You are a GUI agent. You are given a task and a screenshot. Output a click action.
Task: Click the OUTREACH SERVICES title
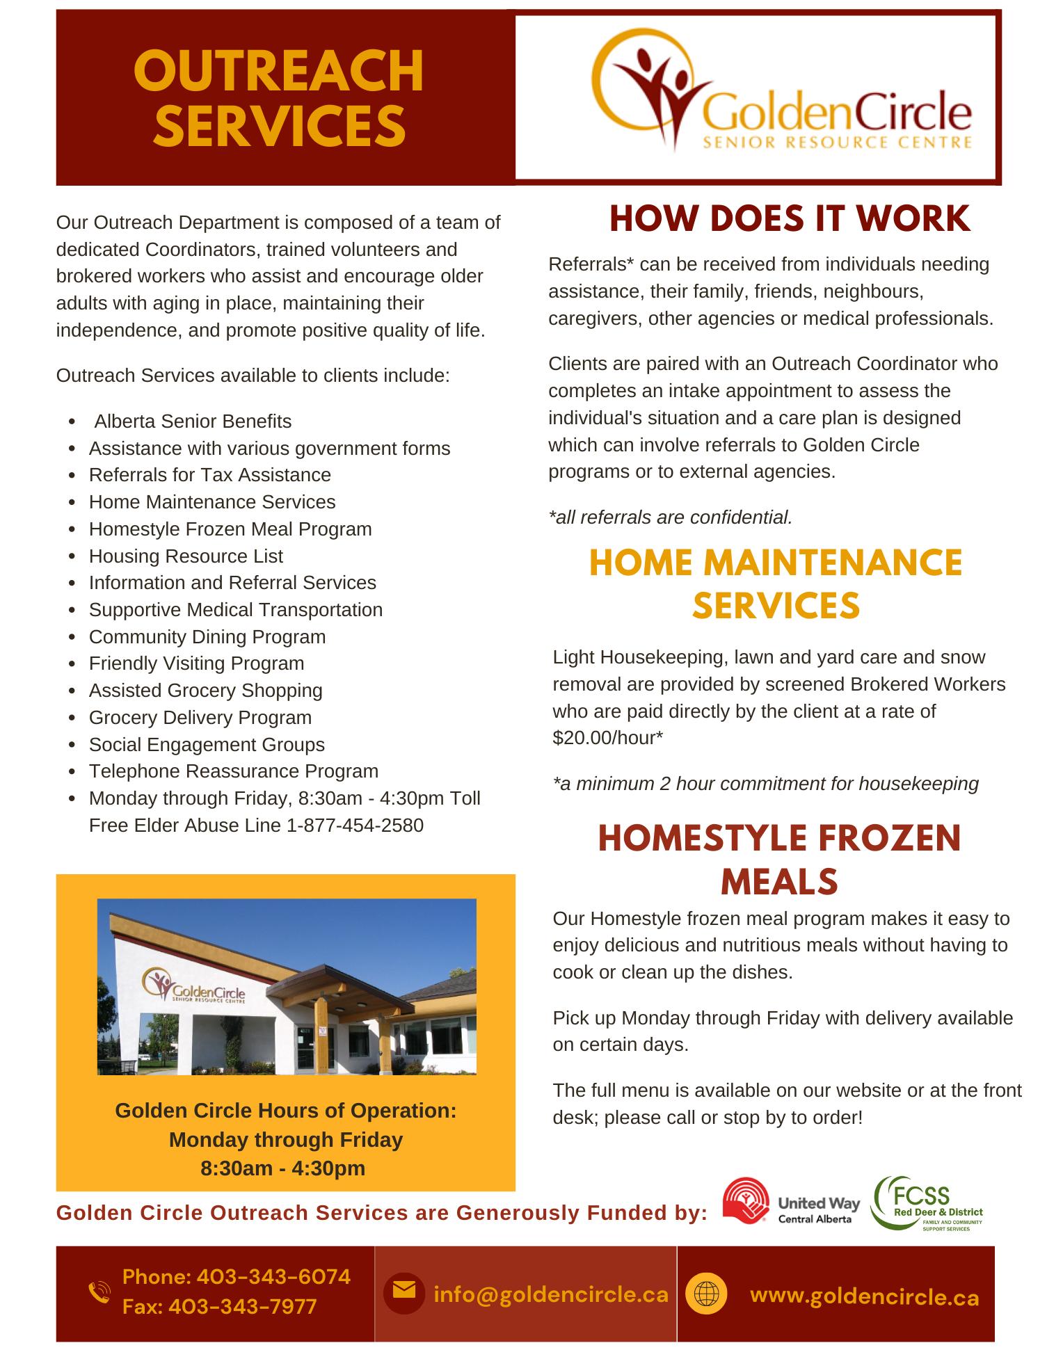tap(278, 97)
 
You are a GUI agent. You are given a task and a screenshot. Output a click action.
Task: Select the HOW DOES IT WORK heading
tap(790, 219)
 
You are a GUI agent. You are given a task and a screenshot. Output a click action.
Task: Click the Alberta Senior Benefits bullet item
tap(193, 421)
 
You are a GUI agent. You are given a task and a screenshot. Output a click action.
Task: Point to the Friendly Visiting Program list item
tap(197, 663)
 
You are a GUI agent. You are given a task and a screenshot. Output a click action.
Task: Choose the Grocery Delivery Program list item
tap(200, 718)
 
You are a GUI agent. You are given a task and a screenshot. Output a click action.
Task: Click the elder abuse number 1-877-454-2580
tap(355, 826)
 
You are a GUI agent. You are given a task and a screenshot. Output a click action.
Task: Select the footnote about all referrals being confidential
tap(671, 517)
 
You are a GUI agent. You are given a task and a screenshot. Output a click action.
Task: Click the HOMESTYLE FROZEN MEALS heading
tap(779, 860)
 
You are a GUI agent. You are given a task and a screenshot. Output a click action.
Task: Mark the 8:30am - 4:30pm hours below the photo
tap(282, 1168)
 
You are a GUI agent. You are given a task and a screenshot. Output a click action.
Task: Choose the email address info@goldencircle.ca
tap(551, 1294)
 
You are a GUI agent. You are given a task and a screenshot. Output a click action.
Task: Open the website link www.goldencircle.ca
tap(865, 1297)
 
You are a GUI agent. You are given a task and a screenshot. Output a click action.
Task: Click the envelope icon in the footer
tap(404, 1291)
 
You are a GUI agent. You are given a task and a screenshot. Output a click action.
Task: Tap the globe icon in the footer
tap(706, 1294)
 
